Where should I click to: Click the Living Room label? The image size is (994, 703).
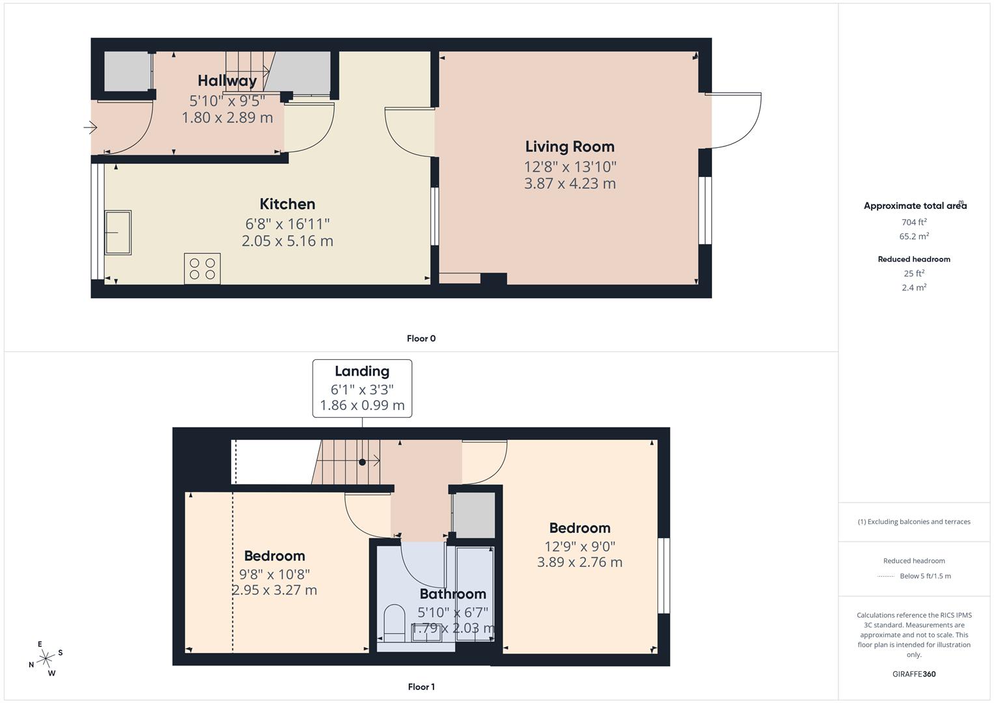[x=570, y=146]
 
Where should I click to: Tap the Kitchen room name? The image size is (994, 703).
[x=287, y=204]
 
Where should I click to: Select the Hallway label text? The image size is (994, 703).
[x=227, y=81]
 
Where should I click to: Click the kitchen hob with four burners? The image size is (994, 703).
[x=202, y=269]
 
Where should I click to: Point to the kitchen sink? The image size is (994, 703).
[x=118, y=232]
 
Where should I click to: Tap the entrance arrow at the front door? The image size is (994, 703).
[x=90, y=128]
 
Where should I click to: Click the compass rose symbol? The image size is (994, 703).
[x=46, y=659]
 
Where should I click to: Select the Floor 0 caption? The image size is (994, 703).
[x=421, y=338]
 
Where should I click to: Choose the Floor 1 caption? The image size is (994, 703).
[x=421, y=687]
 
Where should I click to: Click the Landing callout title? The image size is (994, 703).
[x=362, y=371]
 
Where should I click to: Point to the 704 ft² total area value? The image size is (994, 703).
[x=914, y=221]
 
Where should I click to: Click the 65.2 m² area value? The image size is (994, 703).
[x=914, y=236]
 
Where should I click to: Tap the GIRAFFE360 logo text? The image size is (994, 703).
[x=914, y=674]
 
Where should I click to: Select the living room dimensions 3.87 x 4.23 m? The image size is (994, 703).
[x=570, y=184]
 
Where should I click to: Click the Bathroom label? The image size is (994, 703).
[x=452, y=594]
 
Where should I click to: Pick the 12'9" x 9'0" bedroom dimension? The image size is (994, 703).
[x=579, y=547]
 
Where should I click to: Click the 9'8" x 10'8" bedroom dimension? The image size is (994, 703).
[x=274, y=574]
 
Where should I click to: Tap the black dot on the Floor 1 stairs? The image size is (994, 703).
[x=362, y=462]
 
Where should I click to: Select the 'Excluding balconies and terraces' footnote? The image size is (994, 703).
[x=914, y=521]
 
